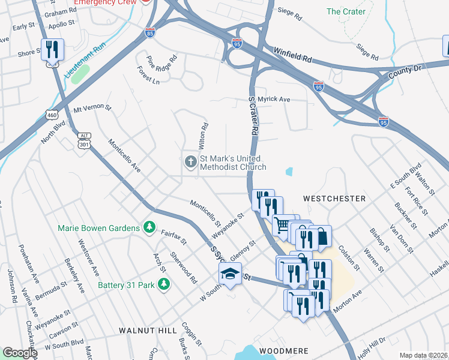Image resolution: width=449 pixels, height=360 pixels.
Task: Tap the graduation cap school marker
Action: pos(229,275)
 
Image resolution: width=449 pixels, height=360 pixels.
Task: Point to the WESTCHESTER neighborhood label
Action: pos(334,198)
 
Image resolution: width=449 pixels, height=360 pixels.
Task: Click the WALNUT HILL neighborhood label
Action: pos(147,331)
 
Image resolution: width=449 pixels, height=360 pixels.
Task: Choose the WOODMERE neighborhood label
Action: pos(284,350)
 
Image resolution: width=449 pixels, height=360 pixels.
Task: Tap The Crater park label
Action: pos(345,11)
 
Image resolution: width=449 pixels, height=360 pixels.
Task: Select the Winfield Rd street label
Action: pos(293,56)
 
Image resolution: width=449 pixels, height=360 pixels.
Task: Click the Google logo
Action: pos(20,353)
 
